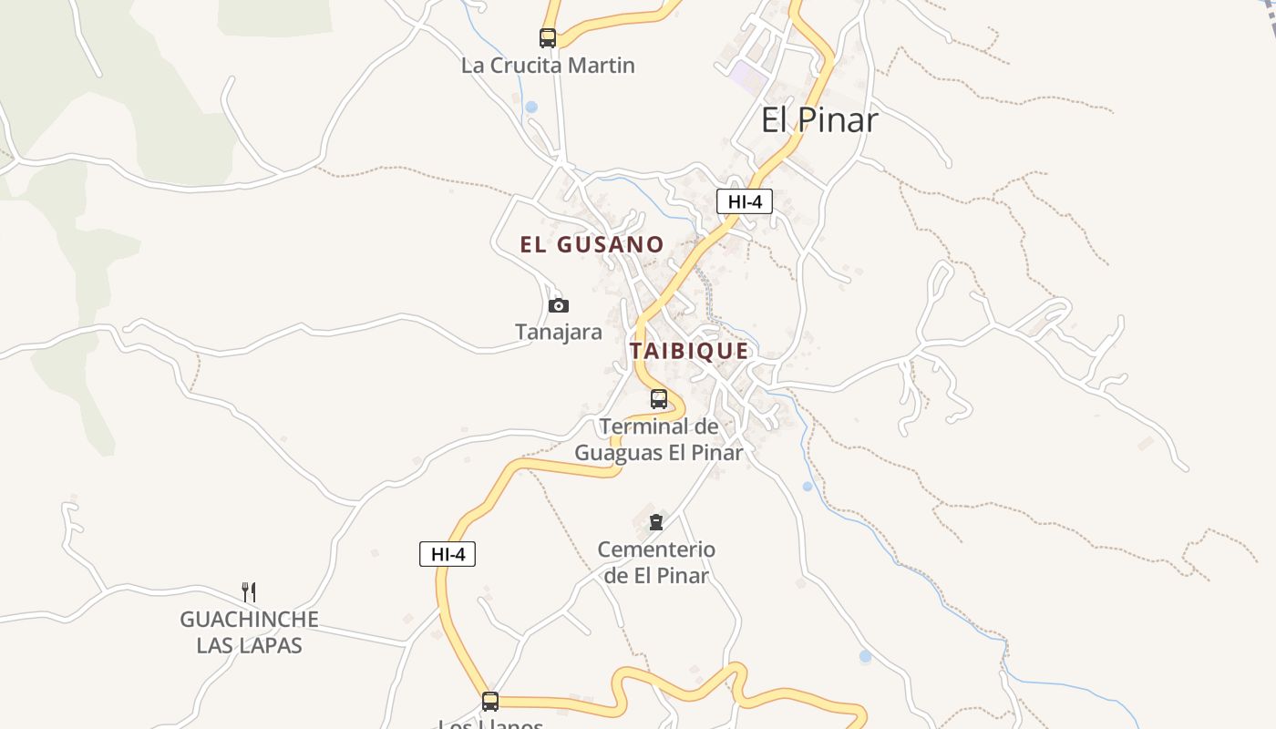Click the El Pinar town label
pos(819,119)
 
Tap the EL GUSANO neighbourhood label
pos(592,244)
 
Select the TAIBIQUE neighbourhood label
pos(689,351)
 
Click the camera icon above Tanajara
pos(559,305)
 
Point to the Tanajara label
pos(559,332)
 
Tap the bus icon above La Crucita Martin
pos(547,38)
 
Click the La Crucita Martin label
pos(548,66)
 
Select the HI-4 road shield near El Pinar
pos(745,202)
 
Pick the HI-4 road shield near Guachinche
pos(448,554)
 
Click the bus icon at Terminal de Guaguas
pos(659,399)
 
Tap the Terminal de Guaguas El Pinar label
pos(659,439)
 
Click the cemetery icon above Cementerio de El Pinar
pos(655,522)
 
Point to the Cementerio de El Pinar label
pos(656,562)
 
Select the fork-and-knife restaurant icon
pos(248,592)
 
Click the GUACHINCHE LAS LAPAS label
pos(249,632)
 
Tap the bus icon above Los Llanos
pos(490,701)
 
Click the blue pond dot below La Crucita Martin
pos(531,108)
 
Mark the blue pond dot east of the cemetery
pos(807,486)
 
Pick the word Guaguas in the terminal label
pos(619,453)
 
